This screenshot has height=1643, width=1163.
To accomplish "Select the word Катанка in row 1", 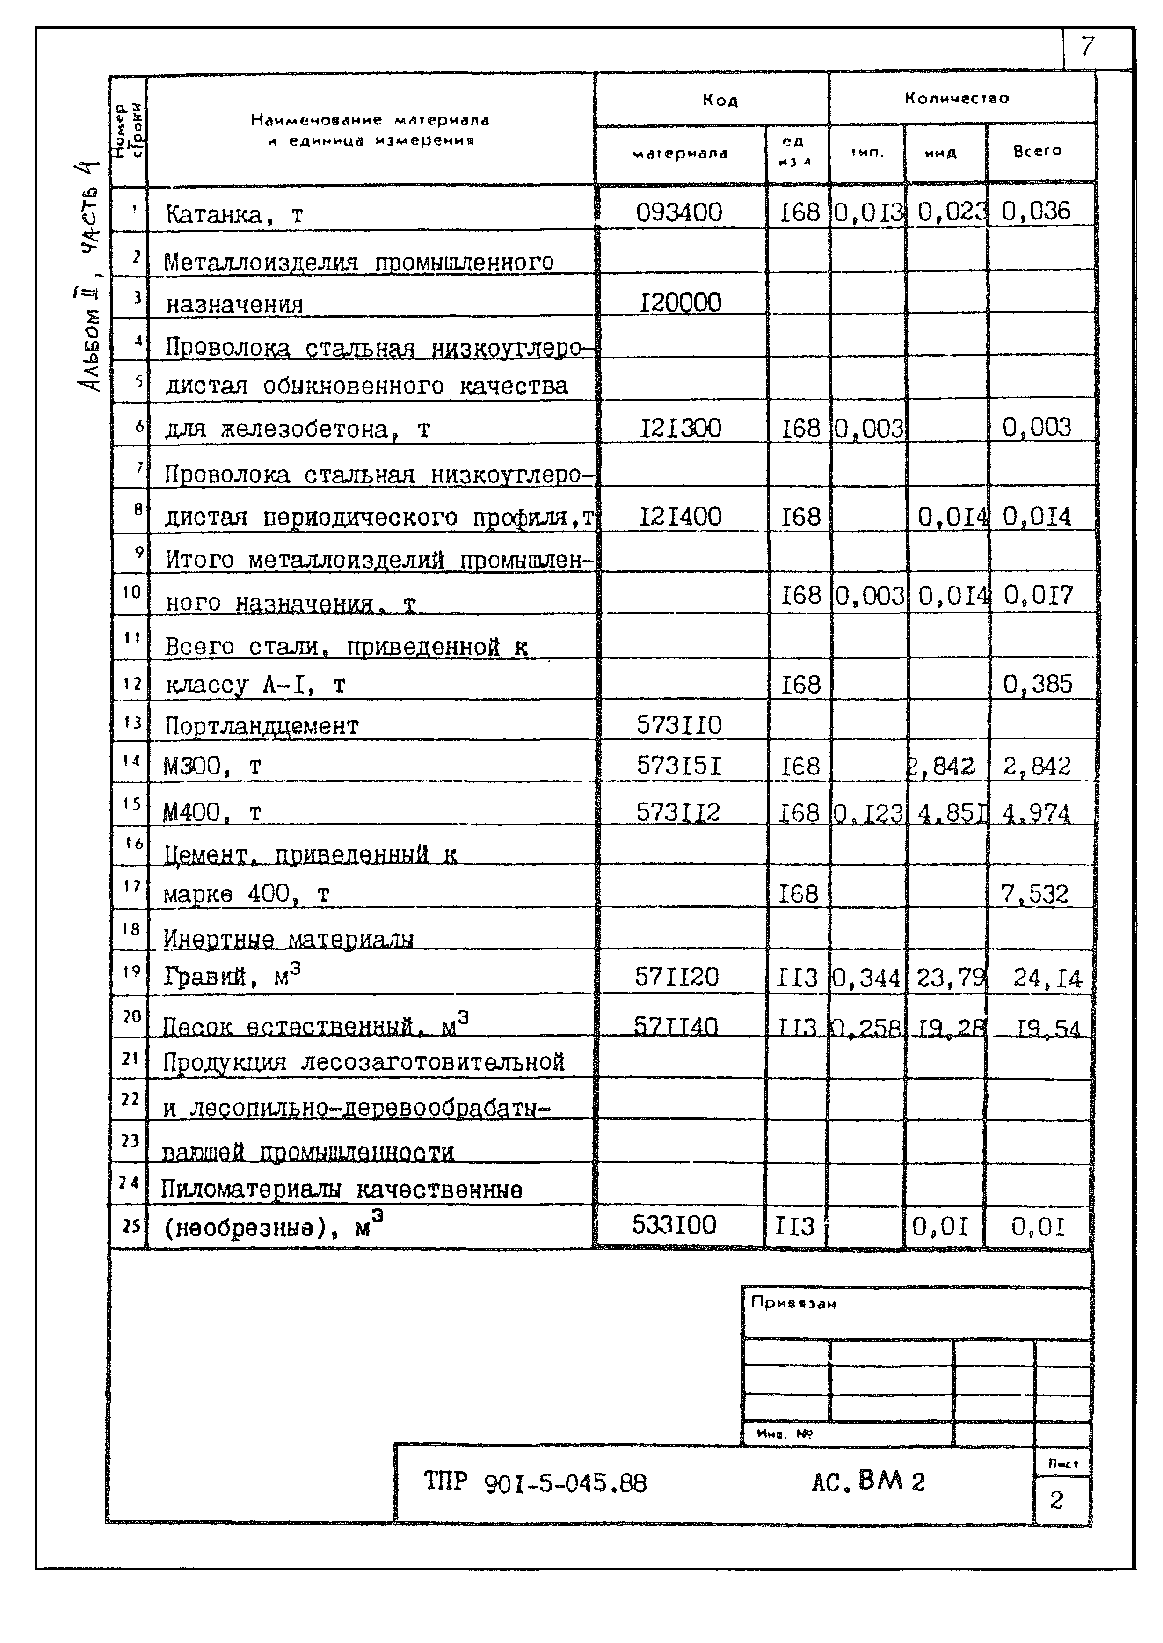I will tap(213, 214).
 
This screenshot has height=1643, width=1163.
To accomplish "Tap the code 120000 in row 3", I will tap(680, 303).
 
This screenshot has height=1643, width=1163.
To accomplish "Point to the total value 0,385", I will tap(1037, 685).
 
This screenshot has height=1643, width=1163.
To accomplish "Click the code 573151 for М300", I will tap(679, 767).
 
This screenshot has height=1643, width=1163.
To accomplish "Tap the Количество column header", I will tap(956, 98).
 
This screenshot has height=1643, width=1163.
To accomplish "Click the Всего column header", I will tap(1037, 151).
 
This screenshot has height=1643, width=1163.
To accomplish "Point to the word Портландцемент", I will tap(262, 726).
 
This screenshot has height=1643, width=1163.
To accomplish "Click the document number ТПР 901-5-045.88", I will tap(535, 1482).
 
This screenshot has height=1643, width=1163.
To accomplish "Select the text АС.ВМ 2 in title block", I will tap(868, 1481).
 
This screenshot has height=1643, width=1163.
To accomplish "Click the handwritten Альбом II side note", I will tap(89, 336).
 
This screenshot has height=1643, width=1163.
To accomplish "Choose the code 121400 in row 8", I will tap(680, 517).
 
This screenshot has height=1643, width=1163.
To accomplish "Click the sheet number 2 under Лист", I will tap(1056, 1500).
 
